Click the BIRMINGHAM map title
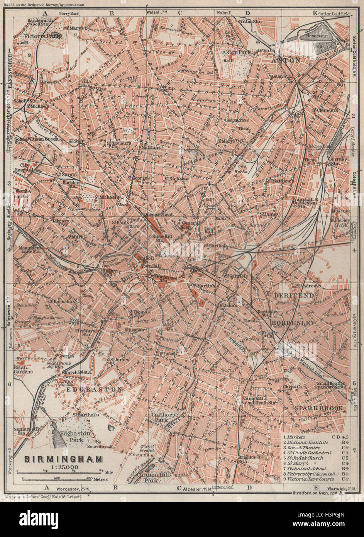click(x=64, y=459)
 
